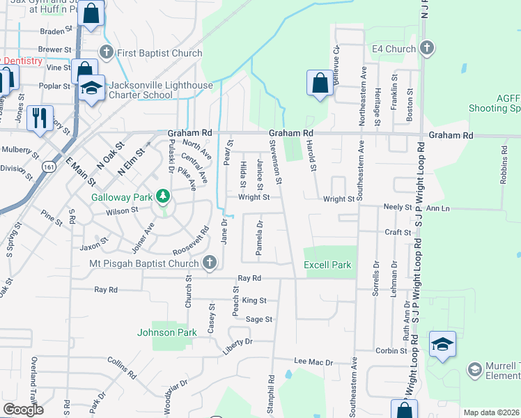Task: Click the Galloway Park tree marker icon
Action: [x=163, y=196]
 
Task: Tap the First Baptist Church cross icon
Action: [x=106, y=52]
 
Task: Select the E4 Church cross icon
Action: [x=427, y=49]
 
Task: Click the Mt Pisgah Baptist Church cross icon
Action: [x=210, y=263]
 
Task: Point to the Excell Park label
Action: [x=327, y=265]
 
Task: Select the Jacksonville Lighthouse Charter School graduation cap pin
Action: [x=91, y=88]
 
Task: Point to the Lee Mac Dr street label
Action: [x=314, y=362]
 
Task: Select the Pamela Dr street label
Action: [x=259, y=238]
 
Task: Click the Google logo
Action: [x=23, y=410]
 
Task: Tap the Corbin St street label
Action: [x=391, y=351]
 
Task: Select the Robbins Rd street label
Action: [x=503, y=164]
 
